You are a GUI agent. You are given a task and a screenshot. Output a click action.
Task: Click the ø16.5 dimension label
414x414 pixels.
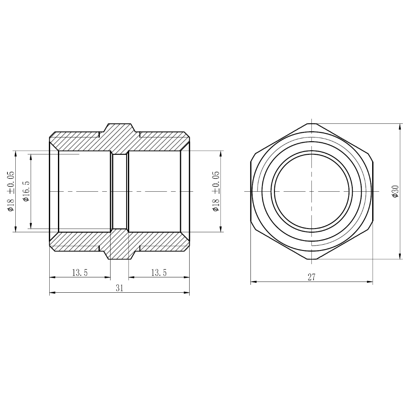click(x=26, y=191)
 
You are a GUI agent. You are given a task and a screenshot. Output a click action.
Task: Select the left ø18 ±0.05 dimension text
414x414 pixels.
click(x=11, y=191)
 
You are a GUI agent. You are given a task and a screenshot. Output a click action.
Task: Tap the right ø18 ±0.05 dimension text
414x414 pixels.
click(x=216, y=191)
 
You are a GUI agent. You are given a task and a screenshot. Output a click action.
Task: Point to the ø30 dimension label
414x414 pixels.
click(x=395, y=191)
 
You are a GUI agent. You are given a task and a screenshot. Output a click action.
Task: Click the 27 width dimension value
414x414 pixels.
click(x=312, y=277)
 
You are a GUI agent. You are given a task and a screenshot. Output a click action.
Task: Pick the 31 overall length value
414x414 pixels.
click(x=120, y=288)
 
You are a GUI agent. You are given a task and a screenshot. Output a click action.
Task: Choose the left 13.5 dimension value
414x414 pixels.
click(x=80, y=272)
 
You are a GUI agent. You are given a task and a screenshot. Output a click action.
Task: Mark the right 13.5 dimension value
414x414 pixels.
click(x=159, y=272)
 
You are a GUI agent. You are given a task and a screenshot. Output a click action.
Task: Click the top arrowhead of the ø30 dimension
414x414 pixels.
click(x=400, y=127)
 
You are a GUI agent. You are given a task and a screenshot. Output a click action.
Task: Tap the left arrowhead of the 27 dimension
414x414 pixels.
click(x=254, y=282)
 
